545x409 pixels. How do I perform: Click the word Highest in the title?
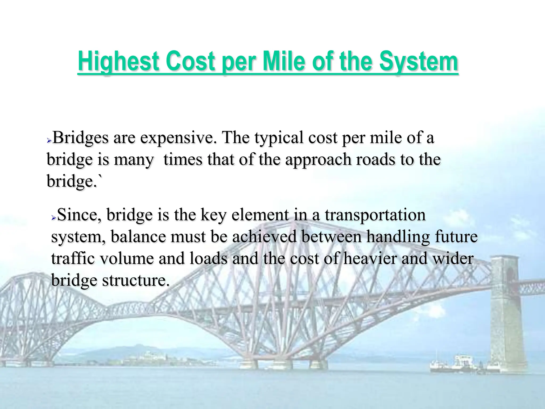pyautogui.click(x=118, y=62)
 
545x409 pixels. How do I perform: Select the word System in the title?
pyautogui.click(x=418, y=62)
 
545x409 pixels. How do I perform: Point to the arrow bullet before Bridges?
pyautogui.click(x=49, y=140)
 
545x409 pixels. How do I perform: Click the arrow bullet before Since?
pyautogui.click(x=53, y=218)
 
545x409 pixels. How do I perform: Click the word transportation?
pyautogui.click(x=375, y=215)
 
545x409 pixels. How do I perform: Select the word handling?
pyautogui.click(x=398, y=237)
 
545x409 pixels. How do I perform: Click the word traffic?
pyautogui.click(x=73, y=259)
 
